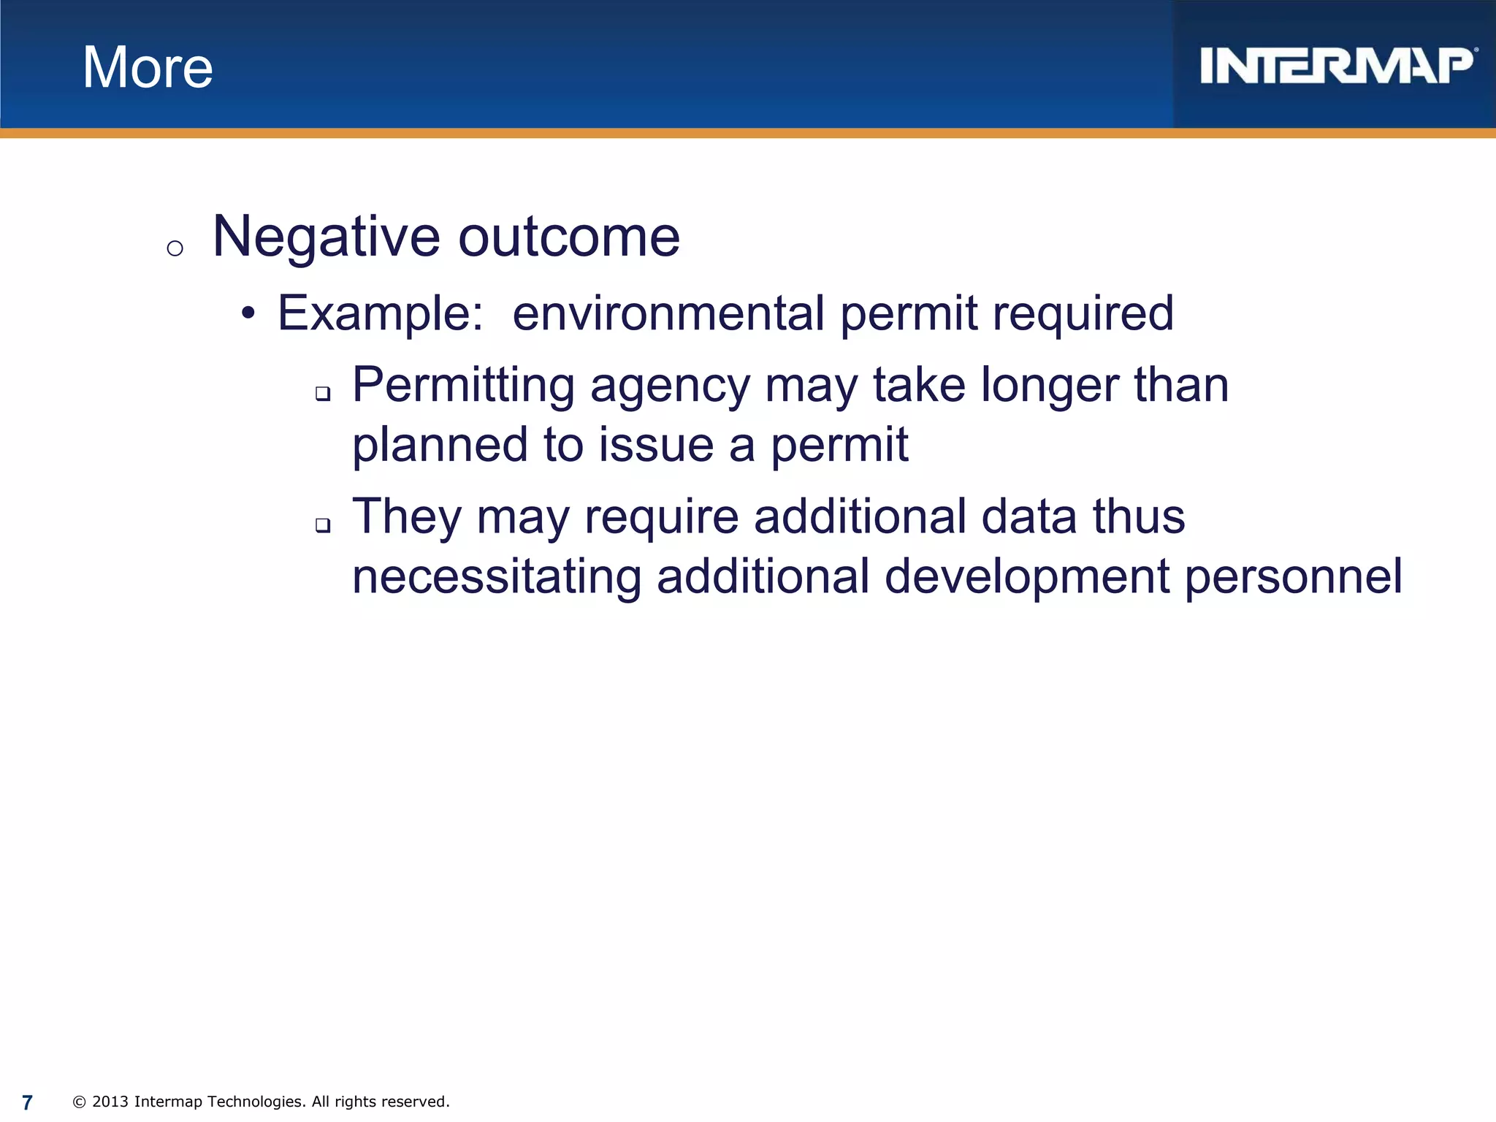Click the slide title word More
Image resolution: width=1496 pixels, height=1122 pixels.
tap(148, 67)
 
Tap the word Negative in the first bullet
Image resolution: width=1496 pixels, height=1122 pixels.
tap(326, 237)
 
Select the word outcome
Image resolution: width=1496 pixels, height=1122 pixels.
tap(569, 237)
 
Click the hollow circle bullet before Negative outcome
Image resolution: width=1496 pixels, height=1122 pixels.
tap(175, 249)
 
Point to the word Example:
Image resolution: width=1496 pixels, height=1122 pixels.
tap(380, 313)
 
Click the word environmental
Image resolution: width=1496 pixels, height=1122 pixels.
tap(668, 313)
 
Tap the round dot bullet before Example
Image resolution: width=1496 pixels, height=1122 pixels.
tap(248, 314)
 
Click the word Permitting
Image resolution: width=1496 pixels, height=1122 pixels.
tap(463, 385)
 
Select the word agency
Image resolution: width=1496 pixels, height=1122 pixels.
tap(670, 386)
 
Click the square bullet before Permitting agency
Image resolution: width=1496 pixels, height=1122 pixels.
tap(323, 394)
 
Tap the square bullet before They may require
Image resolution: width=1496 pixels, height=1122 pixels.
tap(323, 525)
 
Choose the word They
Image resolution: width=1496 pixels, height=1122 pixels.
tap(407, 516)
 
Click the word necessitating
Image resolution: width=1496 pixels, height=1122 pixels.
tap(497, 576)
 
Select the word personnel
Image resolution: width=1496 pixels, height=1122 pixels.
tap(1293, 576)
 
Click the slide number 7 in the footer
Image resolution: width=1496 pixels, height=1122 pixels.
tap(28, 1102)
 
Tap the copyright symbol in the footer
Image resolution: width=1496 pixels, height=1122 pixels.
tap(80, 1102)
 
